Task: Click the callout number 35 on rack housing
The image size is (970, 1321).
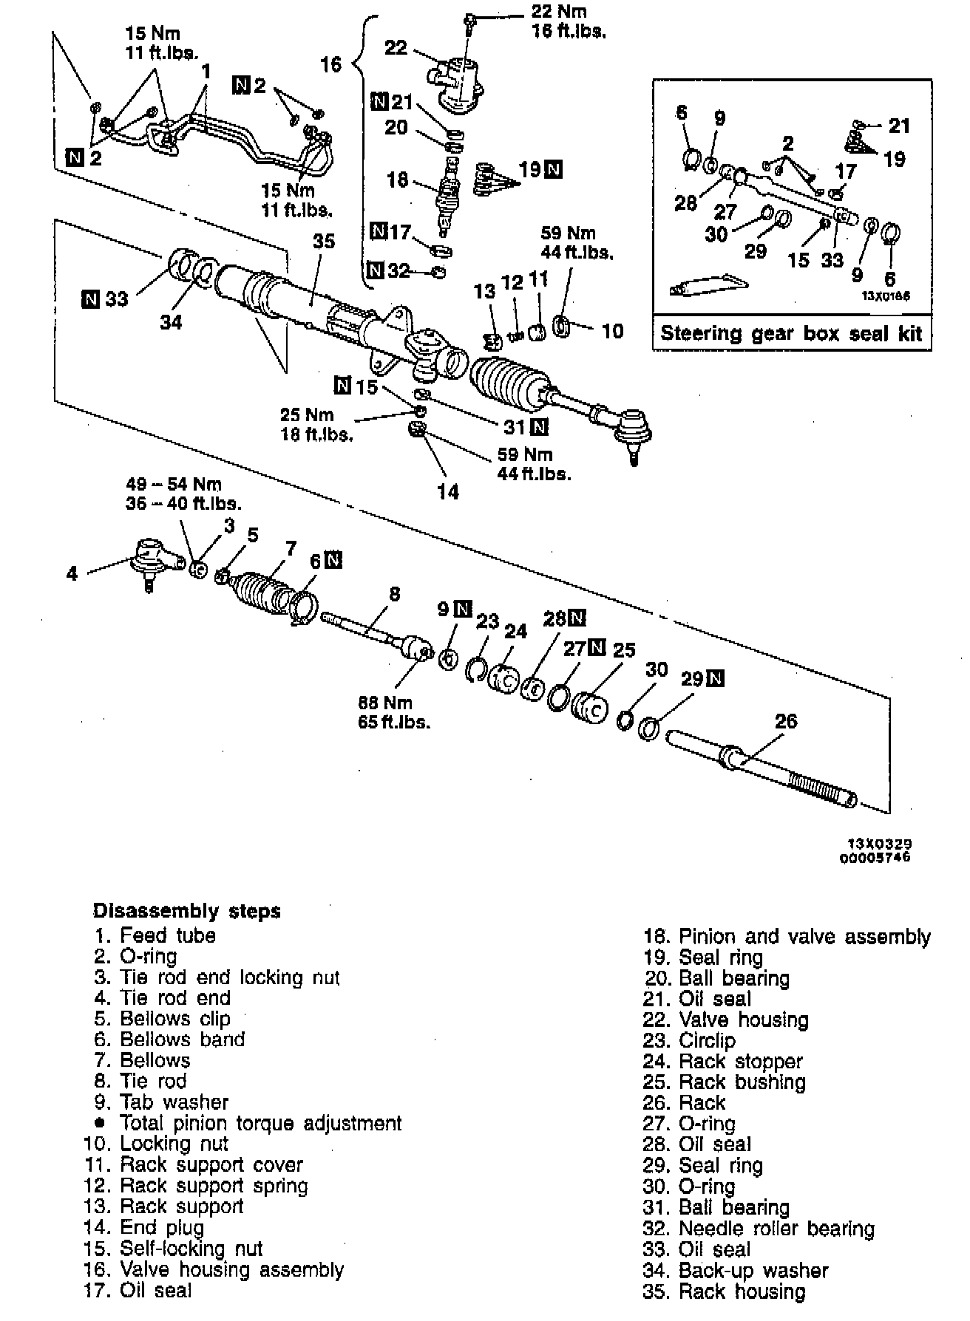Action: pos(324,242)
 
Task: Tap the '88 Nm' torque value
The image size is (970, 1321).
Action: pos(386,703)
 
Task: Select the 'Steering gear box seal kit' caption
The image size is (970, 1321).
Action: pos(791,333)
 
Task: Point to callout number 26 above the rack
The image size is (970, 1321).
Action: pos(785,720)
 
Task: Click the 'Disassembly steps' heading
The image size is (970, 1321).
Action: pos(187,911)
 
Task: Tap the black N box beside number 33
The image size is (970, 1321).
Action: pos(91,299)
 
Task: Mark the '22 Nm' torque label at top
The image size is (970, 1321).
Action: pos(559,13)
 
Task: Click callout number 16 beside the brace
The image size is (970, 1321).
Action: pos(330,64)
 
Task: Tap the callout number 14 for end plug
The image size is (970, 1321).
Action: pos(448,491)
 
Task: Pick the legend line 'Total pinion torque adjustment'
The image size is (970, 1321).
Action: pos(260,1123)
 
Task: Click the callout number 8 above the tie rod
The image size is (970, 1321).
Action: pos(394,593)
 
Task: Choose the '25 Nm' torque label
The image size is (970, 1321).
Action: pos(307,414)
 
